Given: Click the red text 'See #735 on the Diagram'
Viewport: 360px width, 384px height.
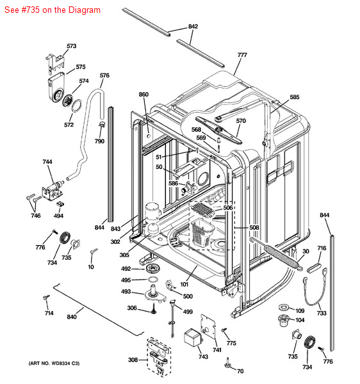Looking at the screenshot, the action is pyautogui.click(x=53, y=10).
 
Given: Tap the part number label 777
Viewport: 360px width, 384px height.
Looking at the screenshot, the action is pyautogui.click(x=242, y=55).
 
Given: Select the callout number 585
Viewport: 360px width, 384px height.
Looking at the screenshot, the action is pyautogui.click(x=294, y=97).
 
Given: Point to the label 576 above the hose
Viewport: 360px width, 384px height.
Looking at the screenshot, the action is pyautogui.click(x=104, y=75).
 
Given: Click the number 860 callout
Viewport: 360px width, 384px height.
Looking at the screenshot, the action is pyautogui.click(x=143, y=94).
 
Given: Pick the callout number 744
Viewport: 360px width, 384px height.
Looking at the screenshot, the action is pyautogui.click(x=47, y=162).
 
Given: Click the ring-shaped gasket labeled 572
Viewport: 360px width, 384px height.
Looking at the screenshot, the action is pyautogui.click(x=77, y=106).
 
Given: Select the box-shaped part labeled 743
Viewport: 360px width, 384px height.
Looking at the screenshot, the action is pyautogui.click(x=193, y=337).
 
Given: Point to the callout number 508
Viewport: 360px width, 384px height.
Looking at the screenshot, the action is pyautogui.click(x=254, y=227).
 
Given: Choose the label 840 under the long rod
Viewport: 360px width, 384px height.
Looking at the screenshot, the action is pyautogui.click(x=72, y=317).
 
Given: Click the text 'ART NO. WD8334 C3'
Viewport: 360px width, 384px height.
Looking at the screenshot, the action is pyautogui.click(x=54, y=364).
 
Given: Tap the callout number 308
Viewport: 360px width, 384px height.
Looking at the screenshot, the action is pyautogui.click(x=133, y=360).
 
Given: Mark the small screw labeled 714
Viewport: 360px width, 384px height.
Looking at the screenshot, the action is pyautogui.click(x=46, y=298).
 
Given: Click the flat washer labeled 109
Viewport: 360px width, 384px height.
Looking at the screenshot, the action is pyautogui.click(x=283, y=307).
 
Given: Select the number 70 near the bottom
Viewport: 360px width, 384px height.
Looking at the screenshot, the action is pyautogui.click(x=240, y=371).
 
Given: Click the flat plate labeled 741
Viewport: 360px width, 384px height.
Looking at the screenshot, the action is pyautogui.click(x=208, y=326).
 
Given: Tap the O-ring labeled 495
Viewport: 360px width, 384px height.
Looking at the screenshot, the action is pyautogui.click(x=152, y=279).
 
